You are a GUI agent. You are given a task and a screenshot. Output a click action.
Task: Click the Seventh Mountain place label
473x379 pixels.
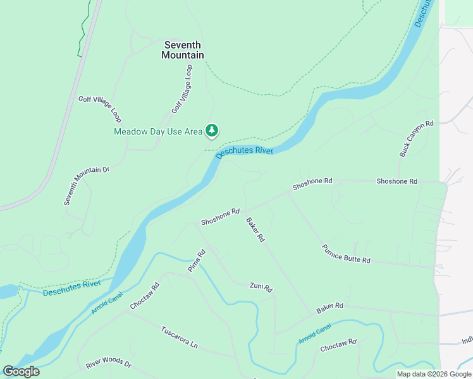pos(183,50)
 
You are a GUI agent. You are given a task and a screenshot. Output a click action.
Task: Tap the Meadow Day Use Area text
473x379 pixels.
pos(157,131)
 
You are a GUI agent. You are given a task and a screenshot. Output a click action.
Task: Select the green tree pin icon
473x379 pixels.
pos(212,131)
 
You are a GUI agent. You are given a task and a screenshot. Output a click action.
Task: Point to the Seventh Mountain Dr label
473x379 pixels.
pos(87,186)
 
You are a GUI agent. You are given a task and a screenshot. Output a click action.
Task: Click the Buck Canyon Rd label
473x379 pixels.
pos(417,139)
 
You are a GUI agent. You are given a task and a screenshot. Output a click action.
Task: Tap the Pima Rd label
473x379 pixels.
pos(197,261)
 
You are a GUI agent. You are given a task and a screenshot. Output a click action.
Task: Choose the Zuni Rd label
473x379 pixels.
pos(261,287)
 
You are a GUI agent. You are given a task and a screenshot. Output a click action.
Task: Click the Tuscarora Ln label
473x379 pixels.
pos(179,337)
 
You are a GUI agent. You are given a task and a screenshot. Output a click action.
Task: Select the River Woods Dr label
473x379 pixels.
pos(108,364)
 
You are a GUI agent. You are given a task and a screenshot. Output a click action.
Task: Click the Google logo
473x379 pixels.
pos(21,371)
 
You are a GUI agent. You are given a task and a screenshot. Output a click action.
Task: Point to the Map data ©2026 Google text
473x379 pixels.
pos(434,374)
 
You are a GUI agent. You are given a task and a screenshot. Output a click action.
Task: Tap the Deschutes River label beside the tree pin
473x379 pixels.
pos(244,151)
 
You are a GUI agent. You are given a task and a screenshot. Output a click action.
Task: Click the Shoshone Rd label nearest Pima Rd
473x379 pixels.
pos(220,217)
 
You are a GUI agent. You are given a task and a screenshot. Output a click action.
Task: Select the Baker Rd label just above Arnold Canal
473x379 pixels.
pos(329,308)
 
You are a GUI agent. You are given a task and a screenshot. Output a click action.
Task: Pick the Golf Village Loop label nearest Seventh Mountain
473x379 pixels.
pos(181,89)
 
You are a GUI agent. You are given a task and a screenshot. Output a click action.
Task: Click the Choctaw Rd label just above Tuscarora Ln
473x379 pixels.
pos(145,296)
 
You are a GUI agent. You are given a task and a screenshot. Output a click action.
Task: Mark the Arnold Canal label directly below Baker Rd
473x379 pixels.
pos(315,334)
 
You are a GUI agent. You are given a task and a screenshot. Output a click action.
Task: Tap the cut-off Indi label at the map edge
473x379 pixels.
pos(467,341)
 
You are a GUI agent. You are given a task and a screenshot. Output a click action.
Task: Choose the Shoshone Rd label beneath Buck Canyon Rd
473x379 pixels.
pos(396,181)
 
